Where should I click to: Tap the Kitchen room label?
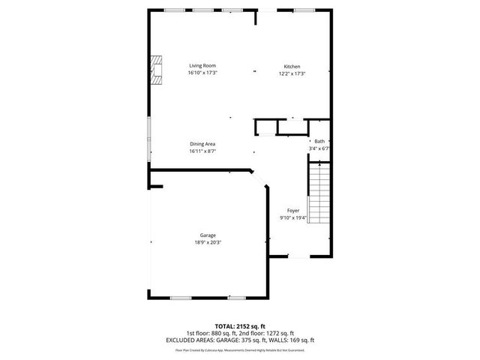(292, 66)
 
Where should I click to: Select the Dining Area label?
(202, 144)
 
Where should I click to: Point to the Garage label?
(208, 235)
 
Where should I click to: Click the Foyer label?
(293, 211)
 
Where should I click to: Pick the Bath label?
(319, 141)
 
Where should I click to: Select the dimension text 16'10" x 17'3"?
(202, 73)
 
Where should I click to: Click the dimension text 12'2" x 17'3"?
(292, 73)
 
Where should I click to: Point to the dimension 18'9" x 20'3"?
(208, 242)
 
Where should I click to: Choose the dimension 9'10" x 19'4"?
(293, 218)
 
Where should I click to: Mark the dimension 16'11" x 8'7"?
(202, 151)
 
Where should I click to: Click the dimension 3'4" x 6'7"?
(319, 148)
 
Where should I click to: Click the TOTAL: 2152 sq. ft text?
(240, 326)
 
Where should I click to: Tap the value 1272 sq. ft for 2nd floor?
(279, 333)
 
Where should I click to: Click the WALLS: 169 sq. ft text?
(293, 340)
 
